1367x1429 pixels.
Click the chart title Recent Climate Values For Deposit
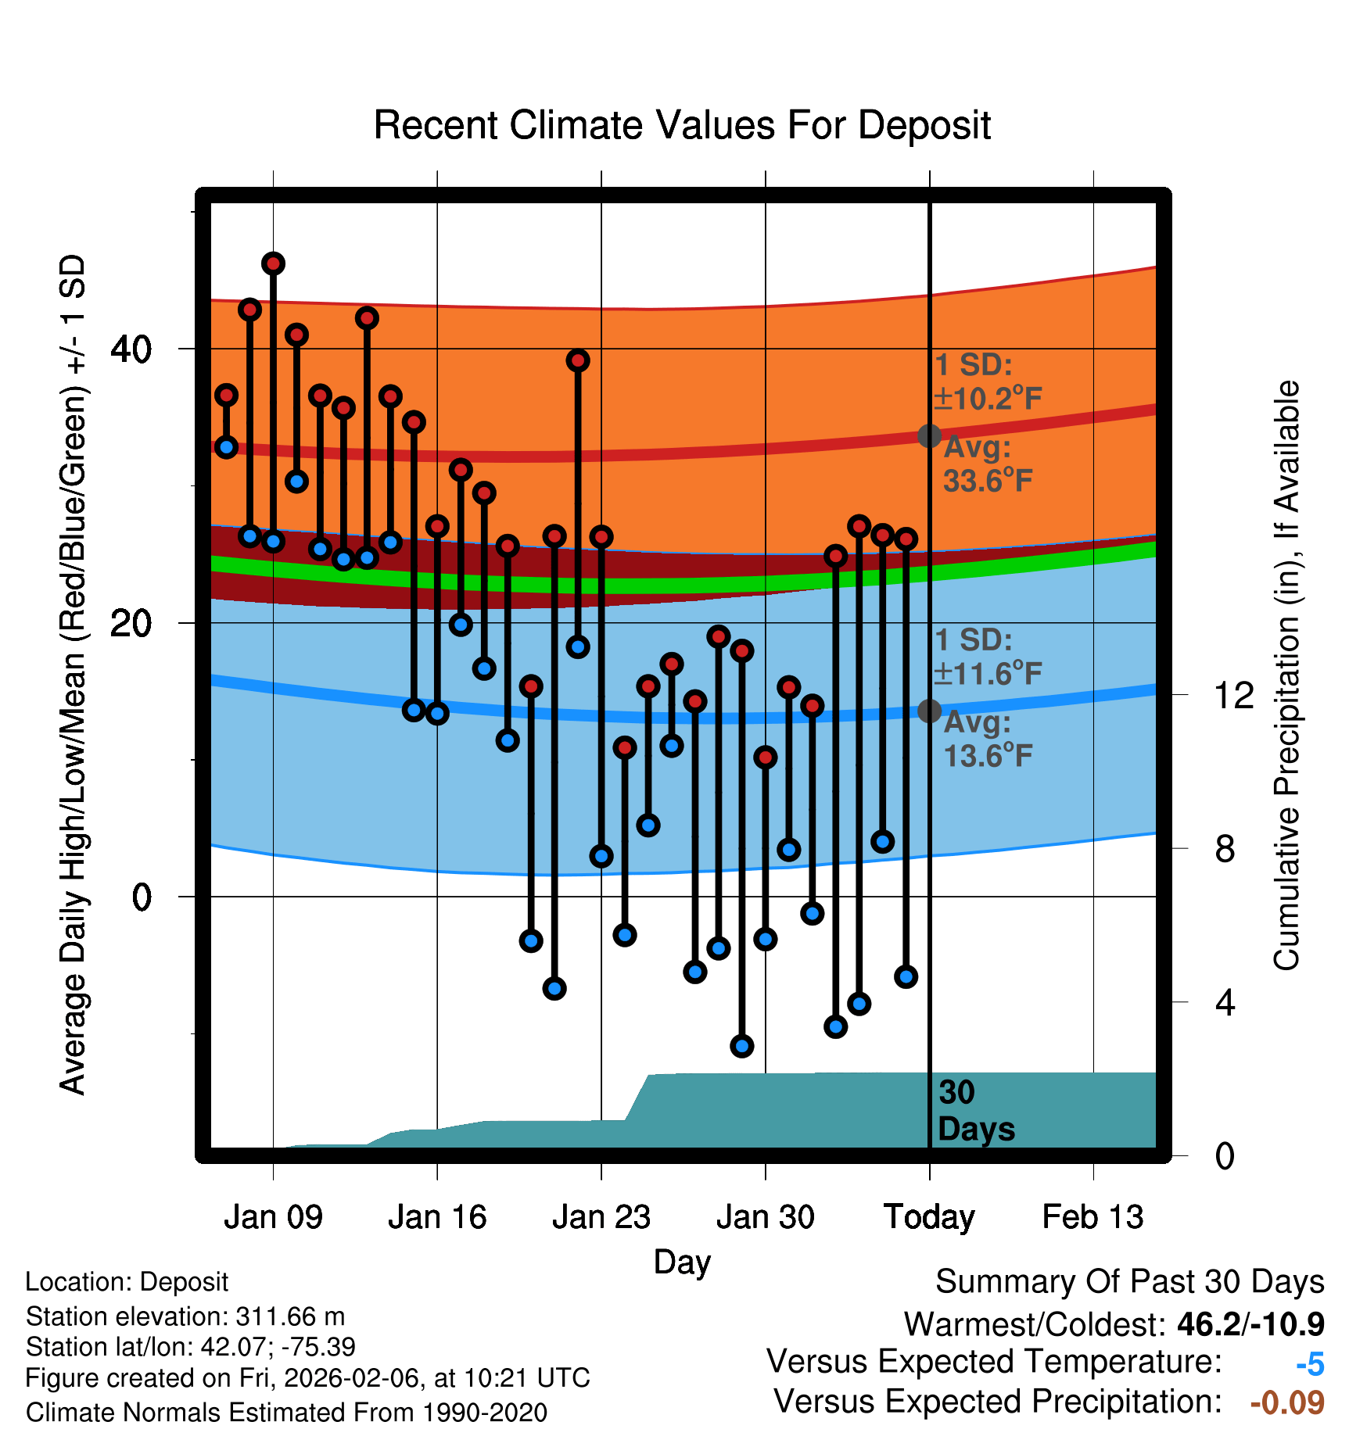(682, 125)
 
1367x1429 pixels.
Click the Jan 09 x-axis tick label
(273, 1217)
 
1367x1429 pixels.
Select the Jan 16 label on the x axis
(437, 1217)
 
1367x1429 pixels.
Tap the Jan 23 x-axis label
(601, 1217)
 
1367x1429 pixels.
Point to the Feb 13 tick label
(1093, 1217)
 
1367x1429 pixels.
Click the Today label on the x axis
(929, 1217)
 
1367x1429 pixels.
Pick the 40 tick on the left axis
(131, 349)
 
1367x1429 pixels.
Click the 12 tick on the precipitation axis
(1234, 695)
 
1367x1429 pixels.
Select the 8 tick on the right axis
(1225, 849)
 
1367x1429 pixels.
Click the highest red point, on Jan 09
(273, 263)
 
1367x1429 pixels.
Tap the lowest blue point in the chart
(741, 1046)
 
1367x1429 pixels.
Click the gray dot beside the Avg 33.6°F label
(929, 435)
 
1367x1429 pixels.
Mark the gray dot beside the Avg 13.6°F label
(929, 711)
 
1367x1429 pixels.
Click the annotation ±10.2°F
(988, 399)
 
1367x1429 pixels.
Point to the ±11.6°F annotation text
(988, 674)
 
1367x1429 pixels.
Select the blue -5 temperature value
(1310, 1365)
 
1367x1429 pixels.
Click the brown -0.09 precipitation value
(1287, 1402)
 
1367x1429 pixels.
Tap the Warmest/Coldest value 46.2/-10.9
(1250, 1324)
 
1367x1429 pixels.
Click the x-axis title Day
(682, 1262)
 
